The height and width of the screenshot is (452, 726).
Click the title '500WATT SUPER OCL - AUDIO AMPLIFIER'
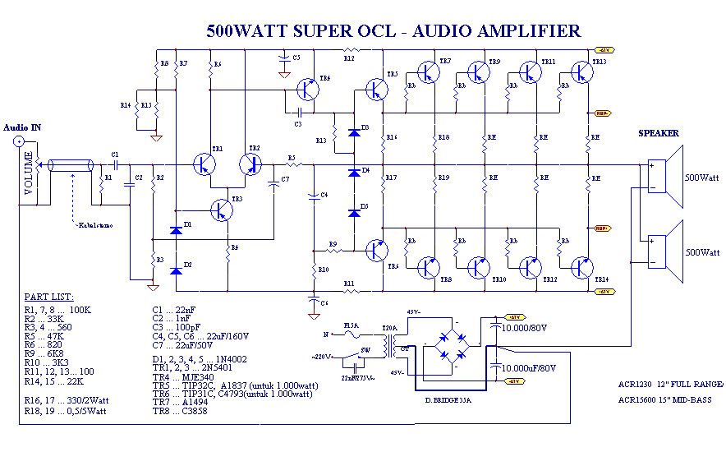click(x=393, y=31)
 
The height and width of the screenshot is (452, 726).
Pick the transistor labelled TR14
click(x=582, y=267)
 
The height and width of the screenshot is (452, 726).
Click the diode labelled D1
click(x=176, y=231)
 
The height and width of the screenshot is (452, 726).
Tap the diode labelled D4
click(x=354, y=172)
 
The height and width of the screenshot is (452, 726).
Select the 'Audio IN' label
click(x=23, y=127)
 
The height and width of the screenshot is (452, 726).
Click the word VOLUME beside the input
click(x=30, y=173)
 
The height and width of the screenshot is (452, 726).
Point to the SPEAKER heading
click(x=659, y=133)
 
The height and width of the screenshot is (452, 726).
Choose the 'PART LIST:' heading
click(x=48, y=296)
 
